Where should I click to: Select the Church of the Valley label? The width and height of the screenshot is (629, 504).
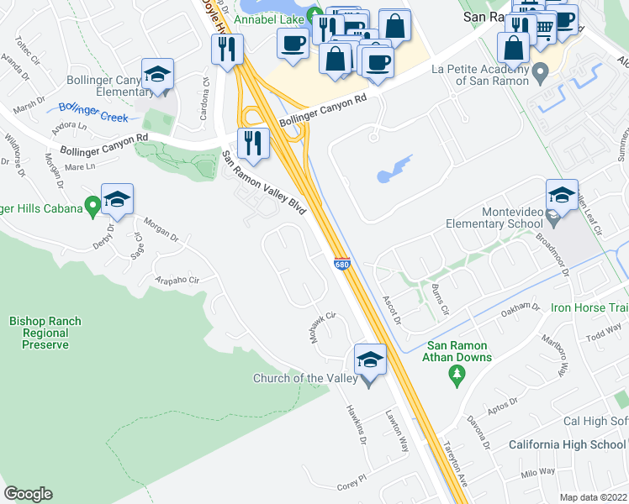pyautogui.click(x=305, y=378)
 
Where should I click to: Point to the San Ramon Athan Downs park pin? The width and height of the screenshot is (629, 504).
pyautogui.click(x=457, y=372)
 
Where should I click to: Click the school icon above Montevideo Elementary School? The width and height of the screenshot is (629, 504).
pyautogui.click(x=562, y=196)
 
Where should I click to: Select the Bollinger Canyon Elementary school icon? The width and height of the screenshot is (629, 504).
pyautogui.click(x=157, y=74)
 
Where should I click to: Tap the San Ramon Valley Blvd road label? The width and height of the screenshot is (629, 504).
pyautogui.click(x=263, y=183)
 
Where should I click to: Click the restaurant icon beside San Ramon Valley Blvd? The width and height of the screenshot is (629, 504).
pyautogui.click(x=252, y=143)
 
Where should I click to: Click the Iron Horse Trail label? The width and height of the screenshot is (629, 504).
pyautogui.click(x=588, y=307)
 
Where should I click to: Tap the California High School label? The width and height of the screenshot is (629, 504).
pyautogui.click(x=567, y=444)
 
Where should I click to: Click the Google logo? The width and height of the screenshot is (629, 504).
pyautogui.click(x=29, y=494)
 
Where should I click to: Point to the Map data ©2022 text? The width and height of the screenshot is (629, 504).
pyautogui.click(x=593, y=497)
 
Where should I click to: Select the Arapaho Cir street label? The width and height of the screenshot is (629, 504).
pyautogui.click(x=177, y=280)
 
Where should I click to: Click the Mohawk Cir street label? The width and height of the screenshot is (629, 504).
pyautogui.click(x=322, y=325)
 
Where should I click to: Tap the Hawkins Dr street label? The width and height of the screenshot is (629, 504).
pyautogui.click(x=357, y=421)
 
